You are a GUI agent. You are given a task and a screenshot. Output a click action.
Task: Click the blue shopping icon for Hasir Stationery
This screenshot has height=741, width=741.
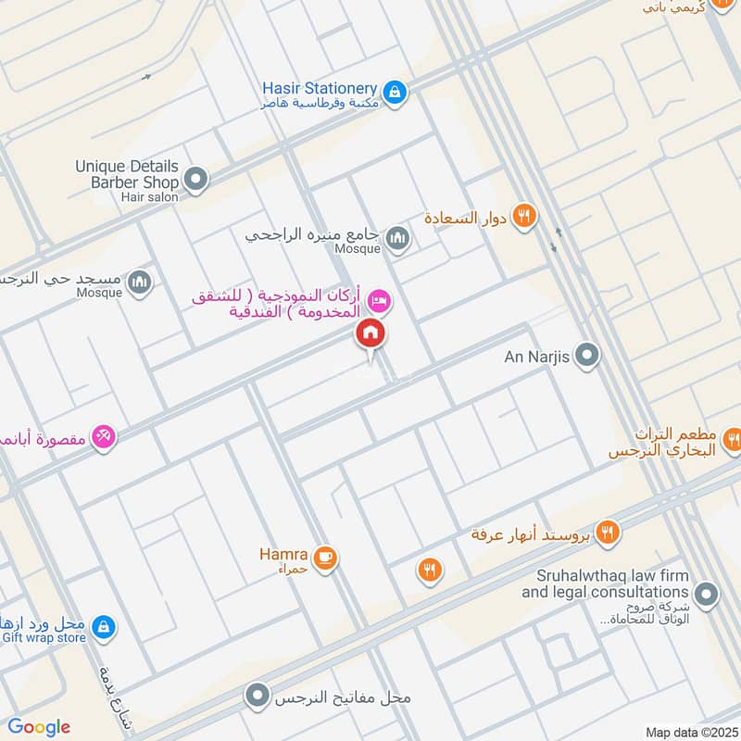396,92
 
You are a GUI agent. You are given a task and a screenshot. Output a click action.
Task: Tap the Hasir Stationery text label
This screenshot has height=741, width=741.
320,87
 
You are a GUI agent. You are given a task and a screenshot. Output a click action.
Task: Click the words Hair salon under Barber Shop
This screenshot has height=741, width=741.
148,196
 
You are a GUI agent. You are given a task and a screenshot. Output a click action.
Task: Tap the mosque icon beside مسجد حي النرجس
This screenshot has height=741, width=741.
140,281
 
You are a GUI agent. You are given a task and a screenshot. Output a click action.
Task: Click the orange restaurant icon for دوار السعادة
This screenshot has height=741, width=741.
524,217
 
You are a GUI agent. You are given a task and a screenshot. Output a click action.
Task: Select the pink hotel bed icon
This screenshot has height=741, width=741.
379,301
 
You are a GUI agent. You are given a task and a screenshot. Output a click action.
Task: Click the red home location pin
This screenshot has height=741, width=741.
370,334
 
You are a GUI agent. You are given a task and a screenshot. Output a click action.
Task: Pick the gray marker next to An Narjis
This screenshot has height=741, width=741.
586,355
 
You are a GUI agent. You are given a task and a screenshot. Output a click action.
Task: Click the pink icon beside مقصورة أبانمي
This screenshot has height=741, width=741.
103,436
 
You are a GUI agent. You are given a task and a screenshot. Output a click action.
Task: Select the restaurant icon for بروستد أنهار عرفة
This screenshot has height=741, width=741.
608,532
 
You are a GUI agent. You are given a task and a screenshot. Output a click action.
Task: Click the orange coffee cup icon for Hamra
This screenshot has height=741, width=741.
324,557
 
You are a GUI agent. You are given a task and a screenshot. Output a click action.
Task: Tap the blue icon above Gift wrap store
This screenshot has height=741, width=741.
103,627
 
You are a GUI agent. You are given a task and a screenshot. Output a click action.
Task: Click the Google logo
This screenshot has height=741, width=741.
39,726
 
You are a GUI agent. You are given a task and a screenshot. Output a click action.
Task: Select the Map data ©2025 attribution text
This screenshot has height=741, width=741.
689,732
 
